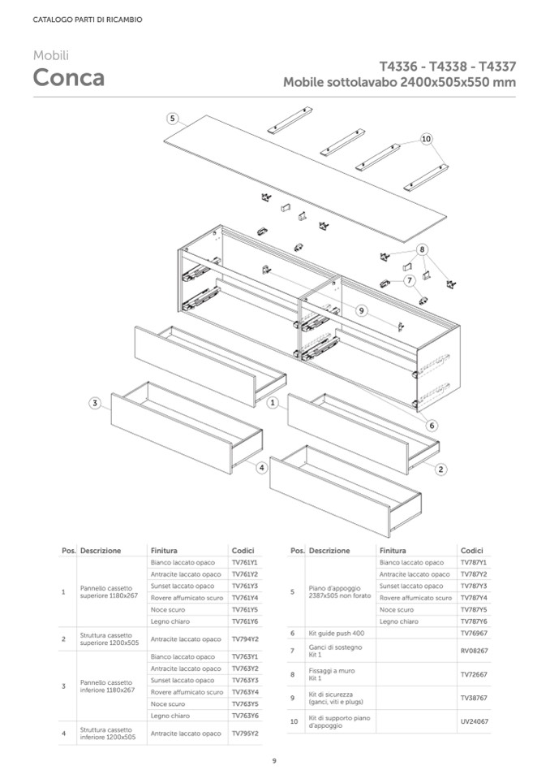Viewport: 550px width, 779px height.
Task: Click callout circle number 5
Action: click(x=173, y=119)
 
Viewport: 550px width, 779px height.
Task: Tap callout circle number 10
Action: click(x=427, y=140)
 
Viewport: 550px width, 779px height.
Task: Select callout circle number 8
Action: click(x=422, y=249)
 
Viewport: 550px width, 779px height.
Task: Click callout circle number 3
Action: click(x=95, y=402)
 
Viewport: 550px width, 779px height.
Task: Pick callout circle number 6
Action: click(x=432, y=425)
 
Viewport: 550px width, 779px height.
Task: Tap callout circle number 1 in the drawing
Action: click(x=273, y=402)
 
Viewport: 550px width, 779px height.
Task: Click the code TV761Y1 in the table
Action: click(x=244, y=562)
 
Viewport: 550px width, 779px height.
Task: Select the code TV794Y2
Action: click(x=244, y=639)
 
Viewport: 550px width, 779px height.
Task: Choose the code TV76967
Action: click(x=472, y=633)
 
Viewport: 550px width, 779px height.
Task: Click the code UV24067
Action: click(x=472, y=721)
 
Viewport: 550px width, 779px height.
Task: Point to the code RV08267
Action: click(x=472, y=651)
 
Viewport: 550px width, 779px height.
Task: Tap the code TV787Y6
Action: click(x=472, y=621)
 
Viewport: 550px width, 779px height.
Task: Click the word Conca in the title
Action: click(x=68, y=78)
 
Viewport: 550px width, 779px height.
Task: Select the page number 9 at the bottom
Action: click(x=274, y=760)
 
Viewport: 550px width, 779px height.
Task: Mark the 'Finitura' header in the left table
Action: click(x=164, y=550)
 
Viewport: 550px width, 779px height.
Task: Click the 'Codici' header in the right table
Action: click(x=471, y=550)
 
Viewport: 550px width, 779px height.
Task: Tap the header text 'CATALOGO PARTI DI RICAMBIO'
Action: click(x=88, y=19)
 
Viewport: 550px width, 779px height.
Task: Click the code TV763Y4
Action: click(x=244, y=692)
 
